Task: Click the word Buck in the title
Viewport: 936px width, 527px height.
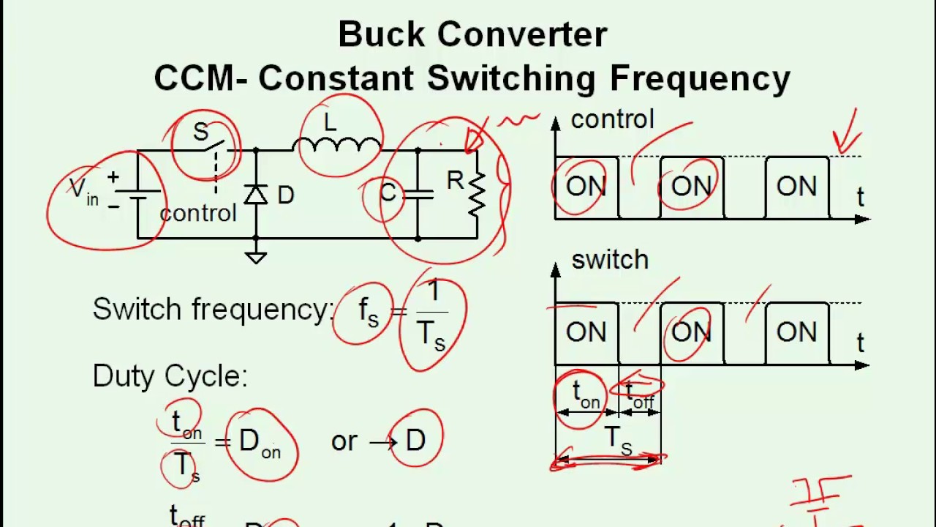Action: pos(380,34)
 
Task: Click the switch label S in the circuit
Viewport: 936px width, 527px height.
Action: pos(200,132)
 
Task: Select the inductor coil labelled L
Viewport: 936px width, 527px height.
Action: pos(337,143)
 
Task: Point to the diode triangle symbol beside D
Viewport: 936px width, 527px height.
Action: pos(255,195)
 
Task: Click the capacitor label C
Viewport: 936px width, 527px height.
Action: pos(388,193)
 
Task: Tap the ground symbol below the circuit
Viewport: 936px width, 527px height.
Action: pos(255,256)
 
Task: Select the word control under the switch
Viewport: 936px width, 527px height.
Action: pos(197,213)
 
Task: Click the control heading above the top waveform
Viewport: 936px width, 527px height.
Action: pos(612,119)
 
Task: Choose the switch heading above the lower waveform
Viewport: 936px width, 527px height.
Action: pos(609,260)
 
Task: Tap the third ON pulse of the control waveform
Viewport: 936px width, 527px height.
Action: pos(796,187)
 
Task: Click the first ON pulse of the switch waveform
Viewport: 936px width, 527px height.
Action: pos(586,333)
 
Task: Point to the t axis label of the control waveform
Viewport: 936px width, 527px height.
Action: pos(860,197)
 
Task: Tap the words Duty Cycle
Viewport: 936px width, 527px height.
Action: pos(170,376)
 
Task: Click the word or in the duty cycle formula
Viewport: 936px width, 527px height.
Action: pos(344,441)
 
